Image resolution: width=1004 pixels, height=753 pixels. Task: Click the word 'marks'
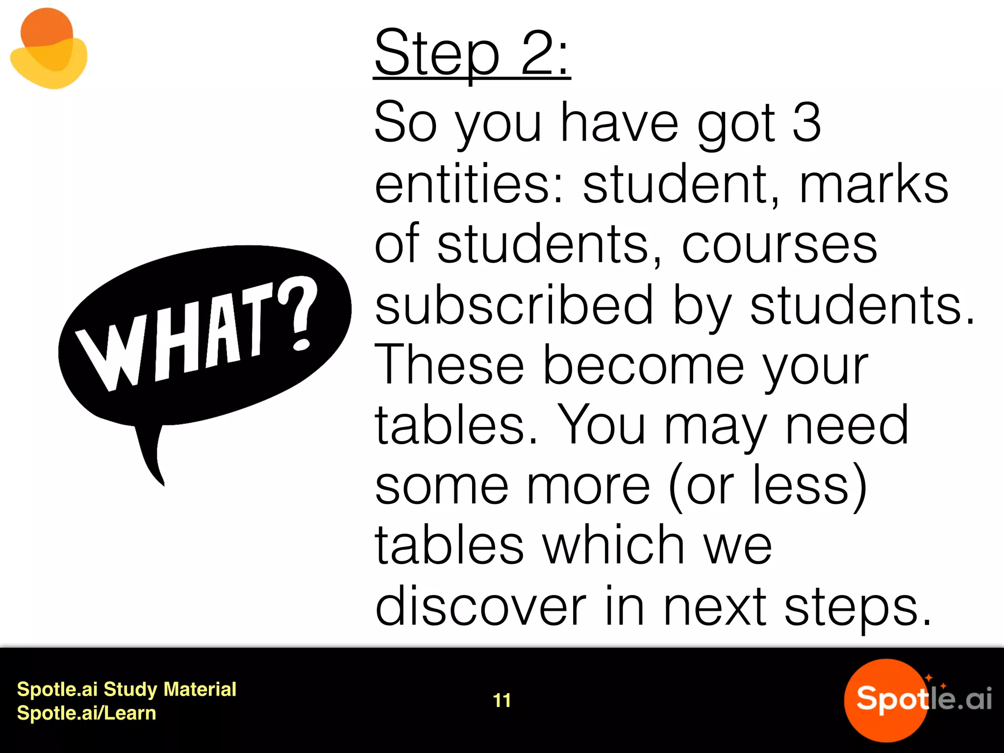(874, 183)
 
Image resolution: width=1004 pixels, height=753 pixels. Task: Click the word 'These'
(449, 365)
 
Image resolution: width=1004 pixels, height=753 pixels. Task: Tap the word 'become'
(644, 365)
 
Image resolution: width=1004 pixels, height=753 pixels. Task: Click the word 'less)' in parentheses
(809, 485)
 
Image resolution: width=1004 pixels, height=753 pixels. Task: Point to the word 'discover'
(480, 606)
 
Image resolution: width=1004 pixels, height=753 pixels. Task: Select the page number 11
(502, 701)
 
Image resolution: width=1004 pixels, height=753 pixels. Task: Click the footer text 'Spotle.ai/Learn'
(86, 713)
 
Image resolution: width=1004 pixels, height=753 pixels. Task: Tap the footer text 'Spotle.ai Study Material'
(126, 689)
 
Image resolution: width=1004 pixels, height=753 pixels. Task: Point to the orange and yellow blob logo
(49, 49)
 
